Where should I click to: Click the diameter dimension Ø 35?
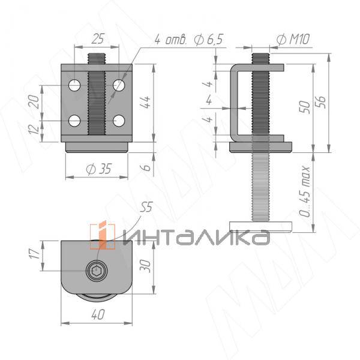coord(98,169)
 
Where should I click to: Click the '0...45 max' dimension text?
coord(306,196)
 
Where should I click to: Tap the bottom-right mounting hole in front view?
coord(119,121)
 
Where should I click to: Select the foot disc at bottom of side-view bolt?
coord(262,226)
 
